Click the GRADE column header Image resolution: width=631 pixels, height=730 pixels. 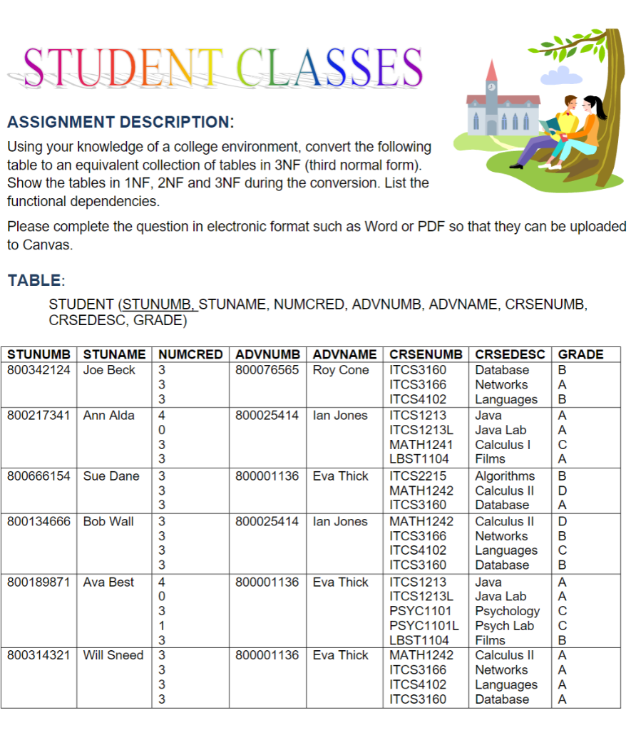[x=580, y=354]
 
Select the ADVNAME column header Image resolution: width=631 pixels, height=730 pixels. [x=344, y=354]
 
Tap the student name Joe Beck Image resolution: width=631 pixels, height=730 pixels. [x=109, y=370]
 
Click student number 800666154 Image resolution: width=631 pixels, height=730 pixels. [x=39, y=475]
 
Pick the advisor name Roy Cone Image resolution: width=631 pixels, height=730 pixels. [x=341, y=370]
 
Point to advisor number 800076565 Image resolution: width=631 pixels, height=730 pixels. [x=267, y=370]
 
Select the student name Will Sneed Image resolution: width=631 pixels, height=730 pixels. [x=113, y=655]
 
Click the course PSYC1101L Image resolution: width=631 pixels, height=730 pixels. [x=424, y=625]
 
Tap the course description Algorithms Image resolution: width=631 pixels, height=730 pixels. [x=505, y=475]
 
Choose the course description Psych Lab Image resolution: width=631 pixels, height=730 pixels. [x=504, y=625]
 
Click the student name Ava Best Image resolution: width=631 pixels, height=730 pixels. [x=108, y=582]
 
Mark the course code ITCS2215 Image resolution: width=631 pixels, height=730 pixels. [x=418, y=475]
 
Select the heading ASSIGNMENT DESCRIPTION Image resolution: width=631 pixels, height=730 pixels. [x=120, y=122]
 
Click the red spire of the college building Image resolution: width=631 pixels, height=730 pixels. [x=491, y=72]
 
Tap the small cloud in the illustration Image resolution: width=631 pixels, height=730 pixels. [x=557, y=76]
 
